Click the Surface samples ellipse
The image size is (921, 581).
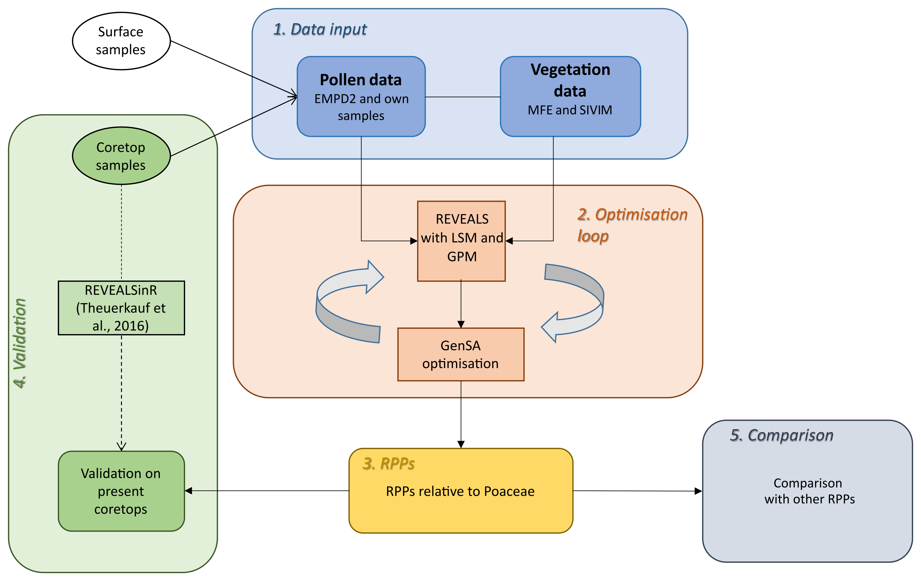point(121,41)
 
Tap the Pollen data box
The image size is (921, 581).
point(361,96)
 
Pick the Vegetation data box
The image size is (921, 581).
point(570,96)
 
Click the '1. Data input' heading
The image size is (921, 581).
point(320,29)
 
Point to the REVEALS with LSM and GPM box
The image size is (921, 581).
point(461,241)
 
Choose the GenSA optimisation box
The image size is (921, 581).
point(461,354)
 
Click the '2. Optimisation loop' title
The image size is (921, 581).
point(632,225)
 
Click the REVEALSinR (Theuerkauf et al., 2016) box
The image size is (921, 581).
point(121,308)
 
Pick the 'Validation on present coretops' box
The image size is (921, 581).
point(121,491)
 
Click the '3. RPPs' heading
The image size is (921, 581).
point(389,463)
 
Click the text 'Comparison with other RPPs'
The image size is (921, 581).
point(809,491)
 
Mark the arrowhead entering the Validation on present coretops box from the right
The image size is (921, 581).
point(188,491)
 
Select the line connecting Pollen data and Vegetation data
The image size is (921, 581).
point(463,97)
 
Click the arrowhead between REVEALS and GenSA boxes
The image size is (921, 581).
point(461,324)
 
